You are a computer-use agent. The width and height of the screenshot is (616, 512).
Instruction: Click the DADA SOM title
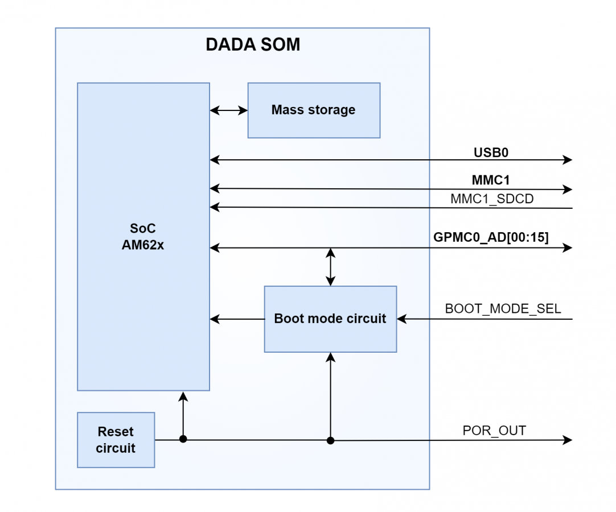pos(253,45)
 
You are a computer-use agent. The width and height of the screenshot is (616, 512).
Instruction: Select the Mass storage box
pos(314,110)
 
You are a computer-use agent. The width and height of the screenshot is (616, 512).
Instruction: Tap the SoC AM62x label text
pos(143,237)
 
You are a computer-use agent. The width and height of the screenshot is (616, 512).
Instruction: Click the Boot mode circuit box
pos(330,319)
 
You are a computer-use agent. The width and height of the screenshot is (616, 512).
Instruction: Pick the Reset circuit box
pos(116,440)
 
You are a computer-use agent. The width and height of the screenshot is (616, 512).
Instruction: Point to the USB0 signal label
pos(491,152)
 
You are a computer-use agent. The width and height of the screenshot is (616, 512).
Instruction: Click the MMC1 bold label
pos(491,180)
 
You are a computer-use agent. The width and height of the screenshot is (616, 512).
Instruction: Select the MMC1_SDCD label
pos(492,199)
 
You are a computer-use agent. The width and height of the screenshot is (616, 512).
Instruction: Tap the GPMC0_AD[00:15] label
pos(491,238)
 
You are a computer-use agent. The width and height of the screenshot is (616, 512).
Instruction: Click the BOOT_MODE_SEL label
pos(503,309)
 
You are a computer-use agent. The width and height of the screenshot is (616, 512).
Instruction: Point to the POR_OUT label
pos(494,431)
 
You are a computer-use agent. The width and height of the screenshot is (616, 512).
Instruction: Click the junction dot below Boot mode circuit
pos(330,440)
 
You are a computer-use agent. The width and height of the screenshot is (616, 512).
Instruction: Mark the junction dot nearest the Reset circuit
pos(183,439)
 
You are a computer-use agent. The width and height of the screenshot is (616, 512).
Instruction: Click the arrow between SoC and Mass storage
pos(228,110)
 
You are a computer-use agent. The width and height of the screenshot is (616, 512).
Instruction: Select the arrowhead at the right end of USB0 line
pos(567,160)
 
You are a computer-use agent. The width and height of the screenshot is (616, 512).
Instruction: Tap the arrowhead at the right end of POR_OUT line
pos(567,440)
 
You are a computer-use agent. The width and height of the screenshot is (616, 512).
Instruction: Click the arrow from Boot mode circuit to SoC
pos(237,319)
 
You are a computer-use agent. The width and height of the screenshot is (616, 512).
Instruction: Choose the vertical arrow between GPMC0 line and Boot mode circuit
pos(330,266)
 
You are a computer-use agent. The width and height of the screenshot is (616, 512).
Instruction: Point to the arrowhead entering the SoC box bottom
pos(183,396)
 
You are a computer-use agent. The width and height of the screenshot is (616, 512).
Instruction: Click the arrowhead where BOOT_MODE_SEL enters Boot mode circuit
pos(402,319)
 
